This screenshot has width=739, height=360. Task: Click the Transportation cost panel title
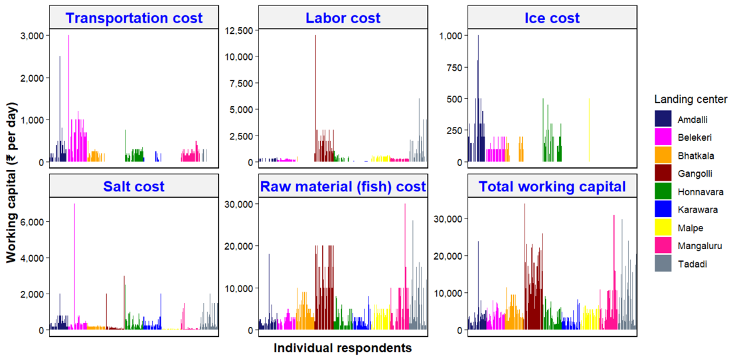click(x=133, y=18)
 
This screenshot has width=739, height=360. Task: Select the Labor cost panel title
click(x=343, y=18)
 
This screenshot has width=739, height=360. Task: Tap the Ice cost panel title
click(x=552, y=18)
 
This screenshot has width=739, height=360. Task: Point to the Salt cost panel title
click(x=133, y=187)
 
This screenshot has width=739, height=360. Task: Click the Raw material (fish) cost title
click(x=343, y=187)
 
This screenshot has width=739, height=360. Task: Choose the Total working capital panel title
click(x=552, y=187)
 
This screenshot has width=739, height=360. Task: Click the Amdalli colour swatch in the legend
click(x=663, y=119)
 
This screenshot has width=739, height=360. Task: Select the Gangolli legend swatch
click(x=663, y=173)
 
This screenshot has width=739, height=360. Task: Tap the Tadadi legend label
click(x=693, y=264)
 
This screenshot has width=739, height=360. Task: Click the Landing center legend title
click(x=691, y=99)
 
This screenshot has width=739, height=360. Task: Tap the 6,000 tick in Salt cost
click(x=32, y=221)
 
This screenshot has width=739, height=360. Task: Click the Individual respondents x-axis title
click(x=343, y=348)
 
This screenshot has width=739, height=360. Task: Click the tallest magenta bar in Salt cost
click(x=74, y=266)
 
